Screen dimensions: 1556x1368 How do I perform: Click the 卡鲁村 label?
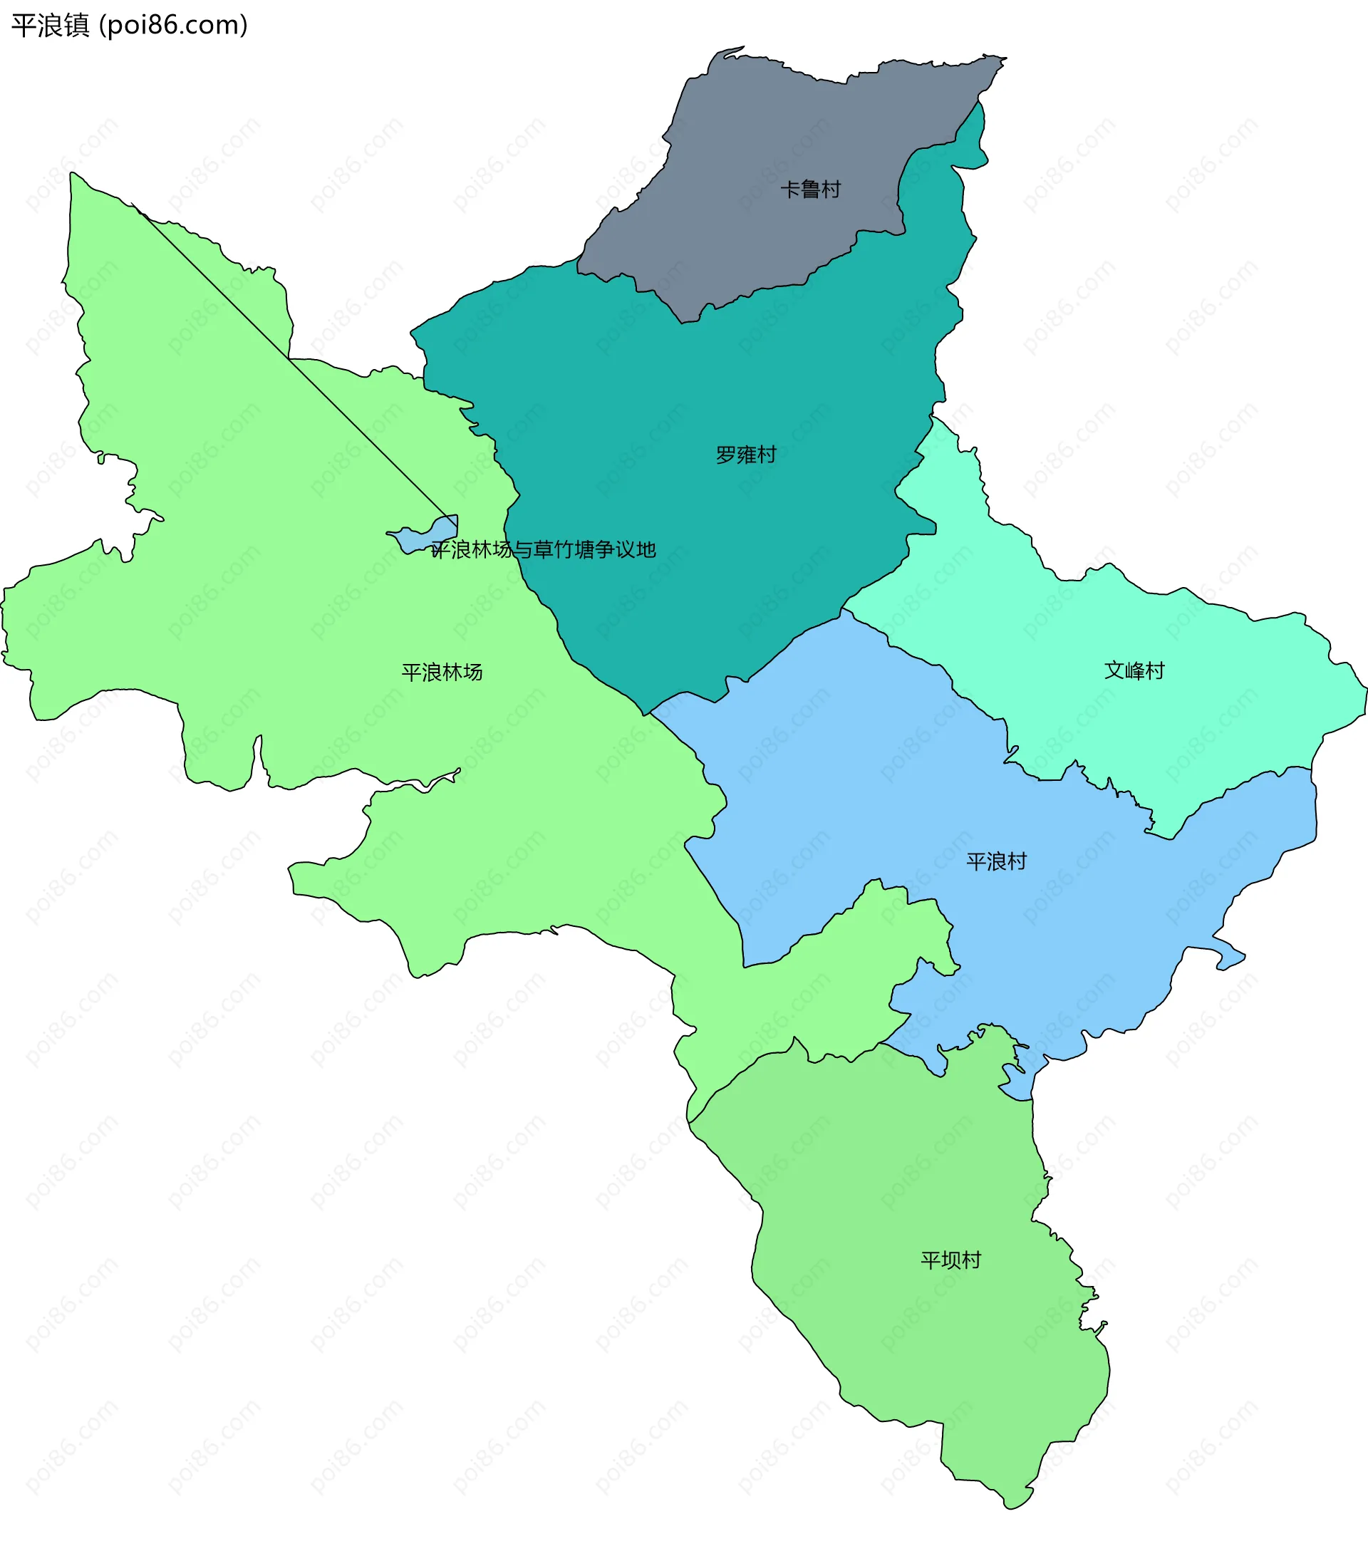tap(810, 189)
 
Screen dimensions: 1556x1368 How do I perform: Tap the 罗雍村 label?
tap(745, 455)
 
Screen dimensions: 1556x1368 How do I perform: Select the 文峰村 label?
tap(1134, 670)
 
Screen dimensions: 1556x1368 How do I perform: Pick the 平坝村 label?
tap(950, 1260)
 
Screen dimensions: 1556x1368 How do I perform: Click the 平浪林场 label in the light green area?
tap(442, 672)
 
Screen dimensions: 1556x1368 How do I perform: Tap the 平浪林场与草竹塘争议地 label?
tap(543, 549)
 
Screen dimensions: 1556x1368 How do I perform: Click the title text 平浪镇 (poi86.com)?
tap(130, 25)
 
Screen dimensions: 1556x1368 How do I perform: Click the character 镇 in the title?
tap(77, 25)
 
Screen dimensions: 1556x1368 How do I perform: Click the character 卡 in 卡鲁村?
tap(790, 189)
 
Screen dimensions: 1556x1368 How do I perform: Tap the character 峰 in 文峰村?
tap(1134, 670)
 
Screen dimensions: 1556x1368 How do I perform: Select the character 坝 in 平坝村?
tap(950, 1260)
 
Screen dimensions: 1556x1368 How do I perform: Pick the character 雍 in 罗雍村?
tap(745, 455)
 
